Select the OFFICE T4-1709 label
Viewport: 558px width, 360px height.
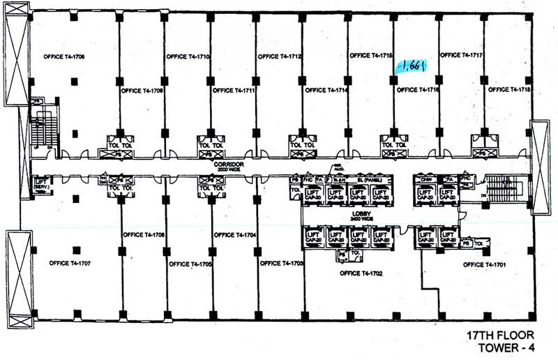(x=142, y=91)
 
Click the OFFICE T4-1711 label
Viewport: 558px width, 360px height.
(x=233, y=90)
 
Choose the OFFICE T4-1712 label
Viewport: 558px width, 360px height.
(x=279, y=57)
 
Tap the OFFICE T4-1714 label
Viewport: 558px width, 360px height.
(x=326, y=90)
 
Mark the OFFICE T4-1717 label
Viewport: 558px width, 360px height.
(x=462, y=54)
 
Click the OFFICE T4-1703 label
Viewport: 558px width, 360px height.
(x=281, y=264)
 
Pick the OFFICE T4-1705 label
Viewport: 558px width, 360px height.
(x=190, y=264)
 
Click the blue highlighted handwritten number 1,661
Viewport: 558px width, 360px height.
(x=414, y=67)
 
